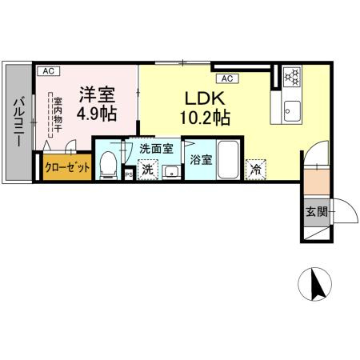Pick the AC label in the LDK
click(x=226, y=78)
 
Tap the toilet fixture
click(x=108, y=166)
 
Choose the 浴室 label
click(x=201, y=158)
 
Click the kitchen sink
click(x=292, y=110)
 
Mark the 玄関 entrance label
click(x=316, y=212)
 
